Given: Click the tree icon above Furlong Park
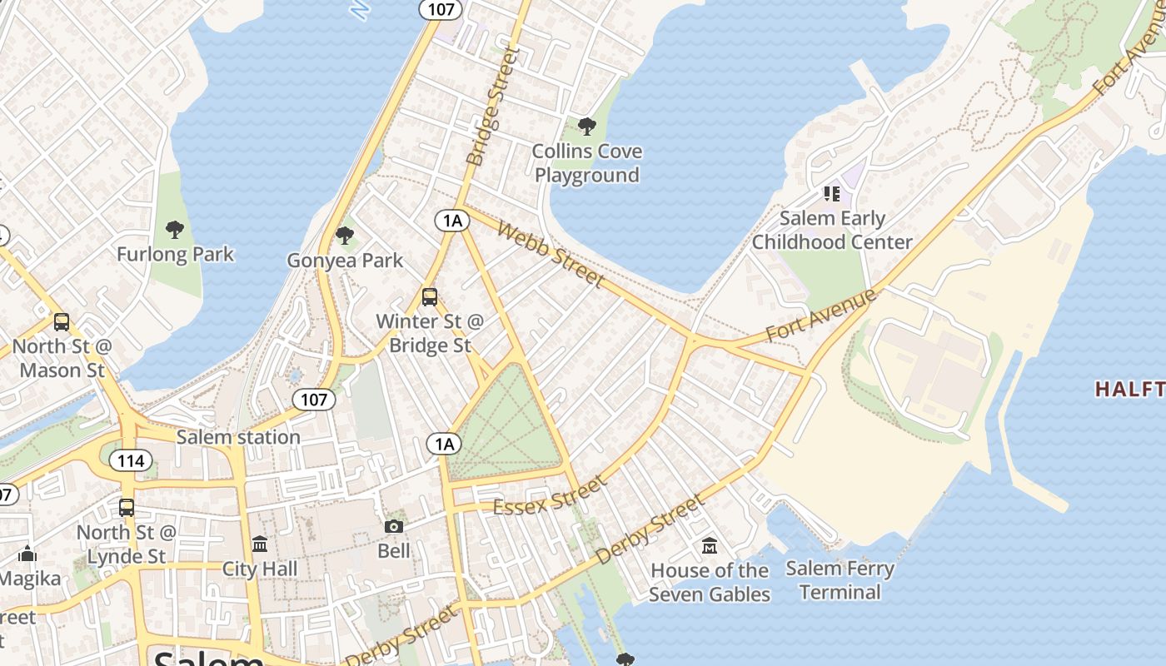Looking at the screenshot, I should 175,229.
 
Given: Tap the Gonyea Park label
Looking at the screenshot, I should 345,261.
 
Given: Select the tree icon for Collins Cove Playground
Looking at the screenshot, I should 587,127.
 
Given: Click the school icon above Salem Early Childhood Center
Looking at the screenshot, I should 831,194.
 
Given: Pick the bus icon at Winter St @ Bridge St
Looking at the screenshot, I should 430,296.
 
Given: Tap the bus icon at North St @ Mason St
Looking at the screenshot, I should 61,322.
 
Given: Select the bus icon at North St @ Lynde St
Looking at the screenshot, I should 127,507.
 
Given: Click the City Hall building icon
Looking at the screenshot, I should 260,544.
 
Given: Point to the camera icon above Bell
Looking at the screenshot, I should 394,526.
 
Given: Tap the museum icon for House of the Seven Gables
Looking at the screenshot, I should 710,546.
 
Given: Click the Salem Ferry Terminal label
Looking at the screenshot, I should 840,580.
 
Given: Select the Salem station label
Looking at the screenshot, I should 238,437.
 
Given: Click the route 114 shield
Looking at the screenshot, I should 131,460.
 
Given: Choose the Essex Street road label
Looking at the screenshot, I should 550,496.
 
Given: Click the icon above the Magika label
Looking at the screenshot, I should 27,554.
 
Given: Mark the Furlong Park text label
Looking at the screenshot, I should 175,254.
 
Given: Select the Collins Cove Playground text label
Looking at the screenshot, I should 587,163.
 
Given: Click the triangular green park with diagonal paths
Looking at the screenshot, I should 506,429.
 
